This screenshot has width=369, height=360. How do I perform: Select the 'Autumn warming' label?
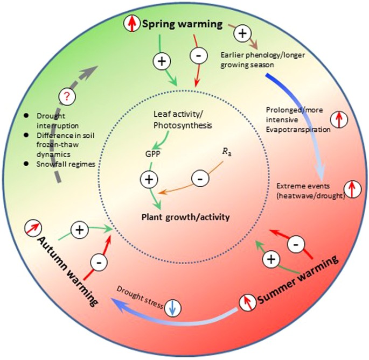click(x=60, y=272)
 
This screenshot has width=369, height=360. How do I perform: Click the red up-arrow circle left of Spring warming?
click(x=131, y=23)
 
